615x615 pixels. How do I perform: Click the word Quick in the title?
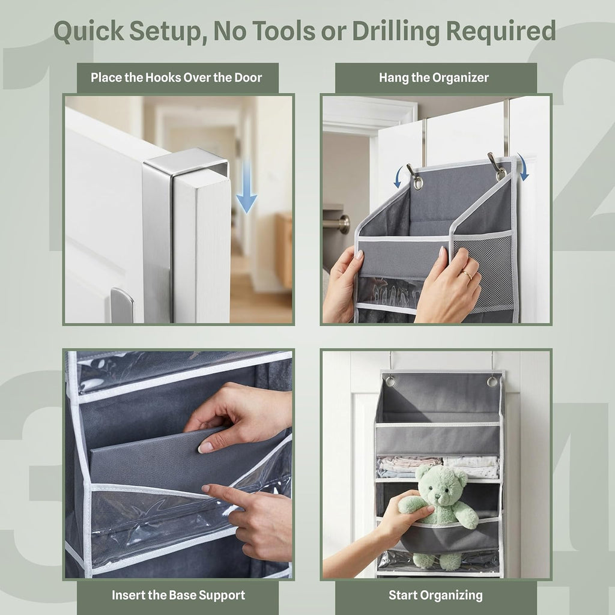pyautogui.click(x=89, y=31)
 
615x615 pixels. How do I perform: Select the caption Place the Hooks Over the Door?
pyautogui.click(x=177, y=77)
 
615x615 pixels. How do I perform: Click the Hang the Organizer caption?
pyautogui.click(x=434, y=77)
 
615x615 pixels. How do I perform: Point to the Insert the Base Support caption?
pyautogui.click(x=178, y=595)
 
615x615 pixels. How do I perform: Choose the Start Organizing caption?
pyautogui.click(x=436, y=595)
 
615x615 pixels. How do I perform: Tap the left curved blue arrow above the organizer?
pyautogui.click(x=400, y=177)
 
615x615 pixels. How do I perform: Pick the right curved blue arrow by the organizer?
pyautogui.click(x=523, y=166)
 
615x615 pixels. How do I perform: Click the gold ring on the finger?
pyautogui.click(x=467, y=274)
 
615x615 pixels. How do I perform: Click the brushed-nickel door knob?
pyautogui.click(x=339, y=224)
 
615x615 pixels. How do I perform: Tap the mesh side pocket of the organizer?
pyautogui.click(x=483, y=271)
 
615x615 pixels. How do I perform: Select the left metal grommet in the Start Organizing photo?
pyautogui.click(x=389, y=380)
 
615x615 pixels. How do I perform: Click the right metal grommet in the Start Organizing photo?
pyautogui.click(x=492, y=381)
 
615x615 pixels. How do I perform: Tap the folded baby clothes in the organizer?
pyautogui.click(x=437, y=467)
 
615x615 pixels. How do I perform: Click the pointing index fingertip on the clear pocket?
pyautogui.click(x=205, y=488)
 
